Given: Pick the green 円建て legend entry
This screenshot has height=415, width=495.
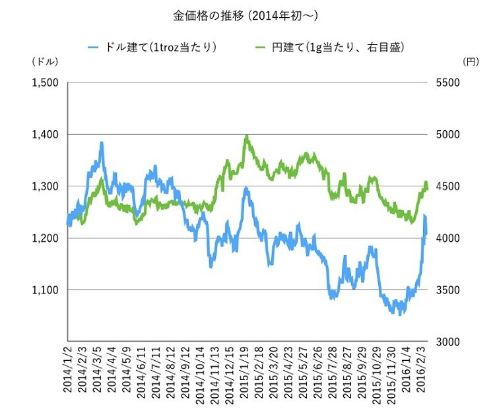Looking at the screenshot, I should pyautogui.click(x=329, y=48).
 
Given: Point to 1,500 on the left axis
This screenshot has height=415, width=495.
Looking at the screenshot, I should pyautogui.click(x=44, y=83).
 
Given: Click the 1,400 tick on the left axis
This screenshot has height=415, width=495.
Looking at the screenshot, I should pyautogui.click(x=44, y=134).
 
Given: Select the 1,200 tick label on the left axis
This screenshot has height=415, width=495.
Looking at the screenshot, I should pyautogui.click(x=44, y=238).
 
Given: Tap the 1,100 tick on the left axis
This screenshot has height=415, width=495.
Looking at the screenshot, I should pyautogui.click(x=44, y=289).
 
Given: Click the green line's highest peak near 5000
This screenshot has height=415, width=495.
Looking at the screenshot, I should pyautogui.click(x=246, y=136).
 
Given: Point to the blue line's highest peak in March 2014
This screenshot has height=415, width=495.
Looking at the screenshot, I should pyautogui.click(x=102, y=142).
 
